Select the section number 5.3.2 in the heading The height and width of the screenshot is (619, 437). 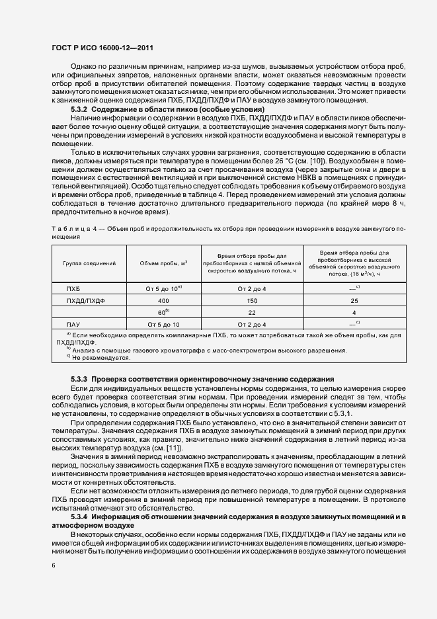(x=79, y=108)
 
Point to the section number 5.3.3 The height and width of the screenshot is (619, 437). (x=79, y=378)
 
